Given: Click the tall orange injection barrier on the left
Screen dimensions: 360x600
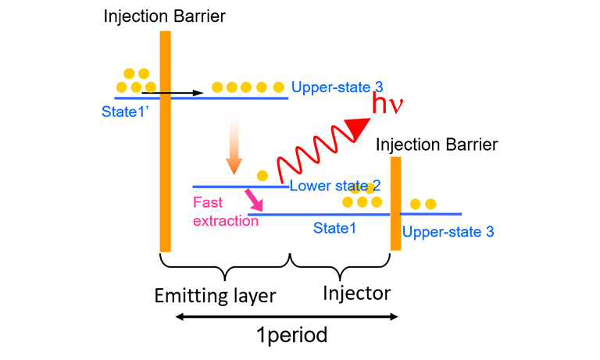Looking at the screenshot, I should tap(165, 141).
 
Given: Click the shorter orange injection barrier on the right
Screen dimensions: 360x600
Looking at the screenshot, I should tap(395, 203).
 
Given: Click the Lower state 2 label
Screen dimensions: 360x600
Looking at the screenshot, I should tap(335, 186).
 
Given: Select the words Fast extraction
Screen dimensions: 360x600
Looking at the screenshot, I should tap(225, 211).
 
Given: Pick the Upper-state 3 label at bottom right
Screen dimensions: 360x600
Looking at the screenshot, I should tap(448, 232).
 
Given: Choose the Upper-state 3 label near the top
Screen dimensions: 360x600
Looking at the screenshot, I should tap(337, 87).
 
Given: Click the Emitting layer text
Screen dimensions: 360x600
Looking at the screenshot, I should tap(214, 295).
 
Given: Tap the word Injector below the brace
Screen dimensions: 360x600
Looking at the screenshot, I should tap(356, 294).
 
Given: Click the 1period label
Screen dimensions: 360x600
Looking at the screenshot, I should tap(291, 336).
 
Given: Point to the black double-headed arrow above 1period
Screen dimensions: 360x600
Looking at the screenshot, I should tap(287, 316).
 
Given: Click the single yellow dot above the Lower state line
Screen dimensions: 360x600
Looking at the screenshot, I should tap(262, 175).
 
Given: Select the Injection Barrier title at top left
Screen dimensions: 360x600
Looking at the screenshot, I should tap(160, 16).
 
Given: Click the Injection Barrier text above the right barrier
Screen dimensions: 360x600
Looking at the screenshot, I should tap(436, 144).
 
